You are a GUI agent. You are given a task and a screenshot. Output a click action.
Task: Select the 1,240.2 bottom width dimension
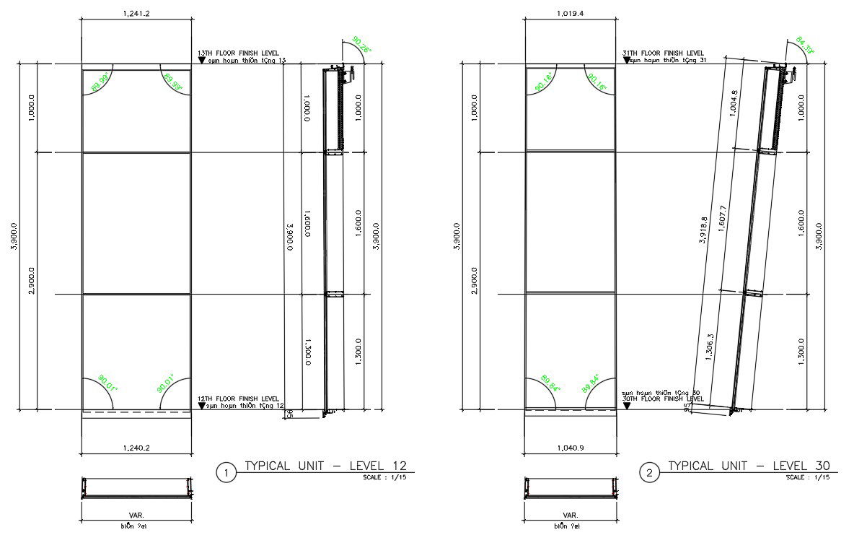[136, 448]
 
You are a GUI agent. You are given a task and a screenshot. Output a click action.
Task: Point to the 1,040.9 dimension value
[570, 448]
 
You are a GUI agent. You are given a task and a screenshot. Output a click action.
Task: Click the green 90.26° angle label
[361, 45]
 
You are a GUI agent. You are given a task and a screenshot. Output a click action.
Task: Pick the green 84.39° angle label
[804, 45]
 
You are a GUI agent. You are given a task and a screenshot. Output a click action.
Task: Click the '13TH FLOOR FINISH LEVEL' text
[238, 53]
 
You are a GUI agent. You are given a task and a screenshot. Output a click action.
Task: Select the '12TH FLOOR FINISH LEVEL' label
[238, 399]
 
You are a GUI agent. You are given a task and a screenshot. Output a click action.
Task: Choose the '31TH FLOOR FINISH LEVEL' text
[663, 53]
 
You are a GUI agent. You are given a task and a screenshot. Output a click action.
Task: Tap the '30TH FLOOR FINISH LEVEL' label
[663, 399]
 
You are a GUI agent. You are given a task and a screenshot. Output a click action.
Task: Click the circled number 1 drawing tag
[226, 473]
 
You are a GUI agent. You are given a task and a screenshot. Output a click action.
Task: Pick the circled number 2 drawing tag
[650, 473]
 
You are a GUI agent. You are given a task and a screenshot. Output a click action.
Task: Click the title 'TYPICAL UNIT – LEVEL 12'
[330, 466]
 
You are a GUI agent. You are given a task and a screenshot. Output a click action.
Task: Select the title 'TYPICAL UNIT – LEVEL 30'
[749, 466]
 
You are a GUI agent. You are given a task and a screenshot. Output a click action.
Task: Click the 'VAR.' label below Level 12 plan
[136, 516]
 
